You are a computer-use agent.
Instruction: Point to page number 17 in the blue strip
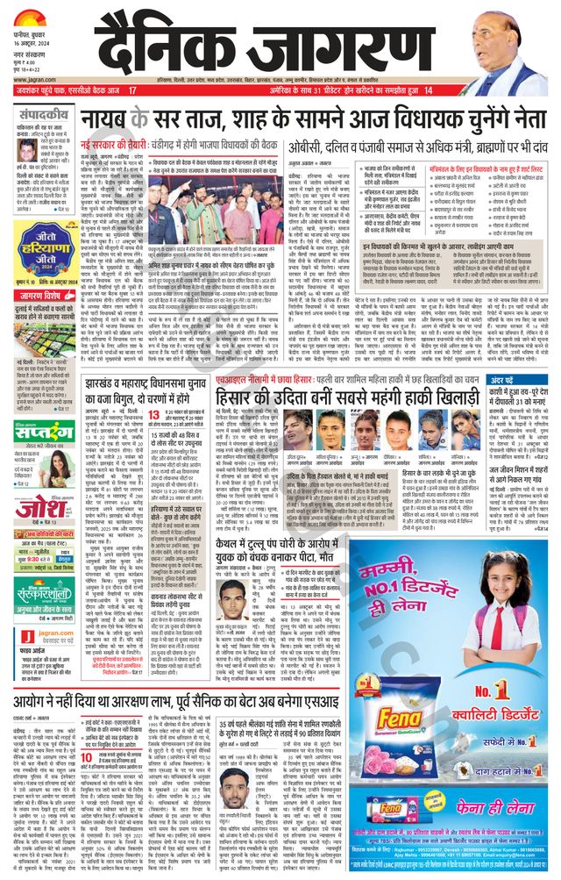click(133, 90)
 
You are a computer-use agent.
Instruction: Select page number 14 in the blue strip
click(429, 90)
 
